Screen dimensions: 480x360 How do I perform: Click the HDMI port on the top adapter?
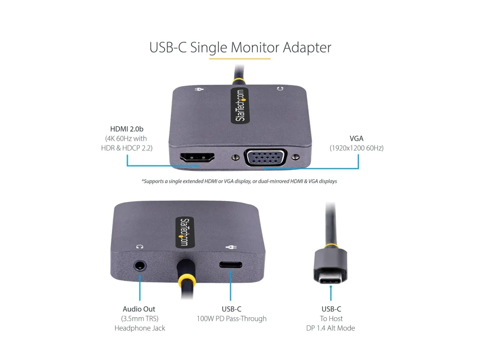pos(197,157)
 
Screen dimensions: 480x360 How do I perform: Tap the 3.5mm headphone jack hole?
pos(140,266)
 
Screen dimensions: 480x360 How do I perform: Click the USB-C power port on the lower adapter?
pos(230,265)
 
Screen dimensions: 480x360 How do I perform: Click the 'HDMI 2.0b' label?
pos(127,129)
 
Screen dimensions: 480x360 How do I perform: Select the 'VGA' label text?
pos(356,138)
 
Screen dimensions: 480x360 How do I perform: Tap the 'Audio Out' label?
pos(139,309)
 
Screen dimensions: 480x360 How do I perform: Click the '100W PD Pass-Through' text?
pos(231,319)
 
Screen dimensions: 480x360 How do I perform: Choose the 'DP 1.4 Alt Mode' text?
pos(331,328)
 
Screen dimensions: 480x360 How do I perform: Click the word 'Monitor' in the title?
pos(255,48)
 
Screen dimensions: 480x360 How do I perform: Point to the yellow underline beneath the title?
pos(240,58)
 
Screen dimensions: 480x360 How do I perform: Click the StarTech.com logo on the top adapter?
pos(240,106)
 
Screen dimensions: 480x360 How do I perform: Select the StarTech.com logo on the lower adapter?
pos(185,232)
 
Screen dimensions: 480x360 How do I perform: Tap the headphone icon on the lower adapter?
pos(140,246)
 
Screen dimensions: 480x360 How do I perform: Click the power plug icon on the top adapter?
pos(199,89)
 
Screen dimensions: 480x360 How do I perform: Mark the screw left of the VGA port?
pos(235,157)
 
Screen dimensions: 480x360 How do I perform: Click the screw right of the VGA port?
pos(295,157)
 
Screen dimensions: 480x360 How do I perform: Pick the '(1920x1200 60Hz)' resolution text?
pos(357,148)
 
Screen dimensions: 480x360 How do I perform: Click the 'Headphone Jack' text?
pos(140,328)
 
